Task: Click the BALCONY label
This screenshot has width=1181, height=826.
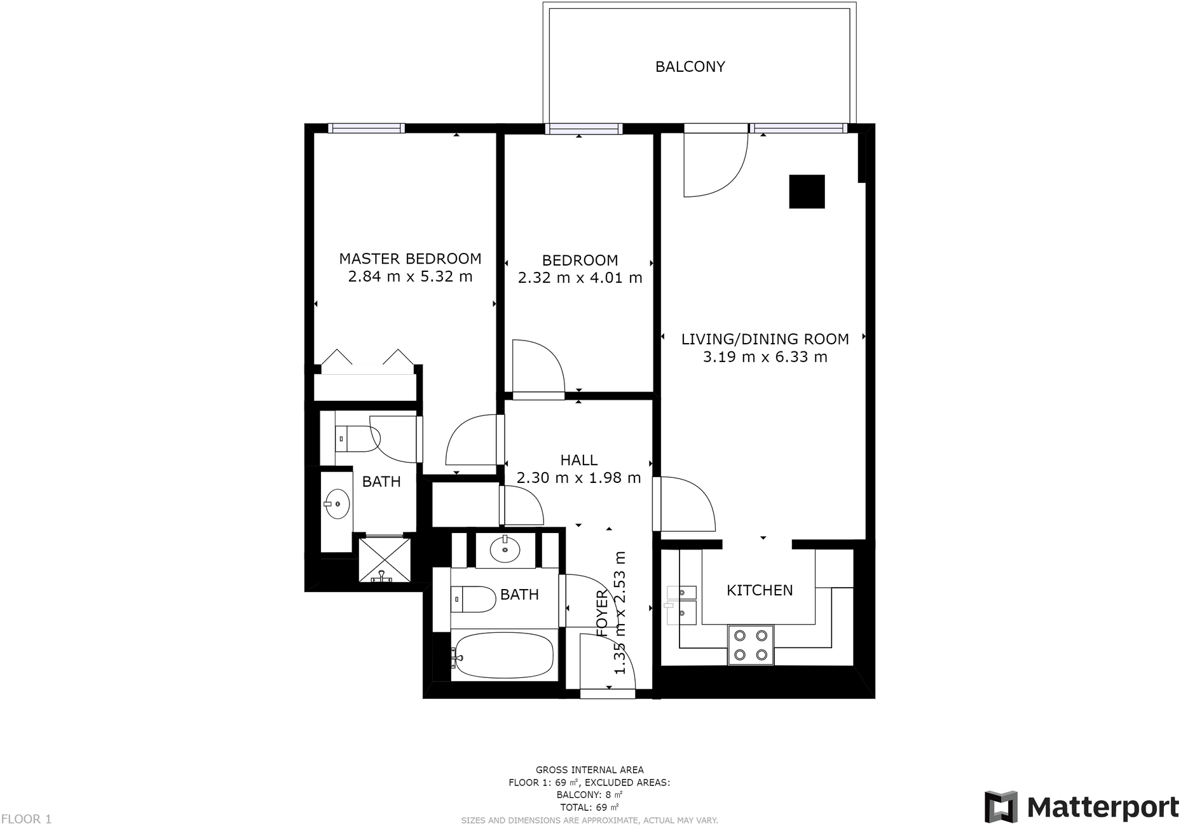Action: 690,67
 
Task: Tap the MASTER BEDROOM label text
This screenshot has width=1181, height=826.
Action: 410,259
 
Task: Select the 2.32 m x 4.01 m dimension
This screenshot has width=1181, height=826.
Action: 580,278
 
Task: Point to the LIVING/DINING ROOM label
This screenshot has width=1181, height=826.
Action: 765,339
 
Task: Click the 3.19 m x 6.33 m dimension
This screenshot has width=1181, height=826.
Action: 765,357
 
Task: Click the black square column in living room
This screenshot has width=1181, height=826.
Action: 807,191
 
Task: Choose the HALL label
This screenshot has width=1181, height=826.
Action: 578,460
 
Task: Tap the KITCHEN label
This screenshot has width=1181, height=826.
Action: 760,590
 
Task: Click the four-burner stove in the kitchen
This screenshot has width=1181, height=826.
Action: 751,645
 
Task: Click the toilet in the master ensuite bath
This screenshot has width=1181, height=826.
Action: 357,438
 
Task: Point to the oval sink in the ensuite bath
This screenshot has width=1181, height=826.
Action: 337,504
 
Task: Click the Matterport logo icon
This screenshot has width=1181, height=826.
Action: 1000,806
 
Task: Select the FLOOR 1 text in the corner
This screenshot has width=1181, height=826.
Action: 26,819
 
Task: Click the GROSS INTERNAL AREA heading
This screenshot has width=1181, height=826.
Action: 589,770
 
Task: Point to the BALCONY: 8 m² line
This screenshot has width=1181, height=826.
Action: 589,795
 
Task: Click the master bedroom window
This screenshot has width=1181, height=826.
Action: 366,128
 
